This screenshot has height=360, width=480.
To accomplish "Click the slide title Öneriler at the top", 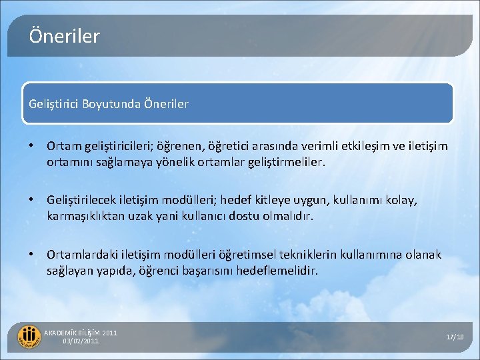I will point(64,36).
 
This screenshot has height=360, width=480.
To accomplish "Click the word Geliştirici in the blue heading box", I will point(54,104).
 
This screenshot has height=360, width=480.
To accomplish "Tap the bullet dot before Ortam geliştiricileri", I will point(32,146).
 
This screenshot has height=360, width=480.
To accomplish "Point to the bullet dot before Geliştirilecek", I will point(32,200).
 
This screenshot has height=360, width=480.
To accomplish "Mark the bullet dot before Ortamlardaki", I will point(32,255).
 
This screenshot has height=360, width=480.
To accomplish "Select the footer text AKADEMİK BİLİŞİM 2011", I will point(80,333).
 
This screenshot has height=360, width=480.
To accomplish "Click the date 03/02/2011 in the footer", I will point(81,341).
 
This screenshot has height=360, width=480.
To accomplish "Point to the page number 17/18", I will point(455,337).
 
